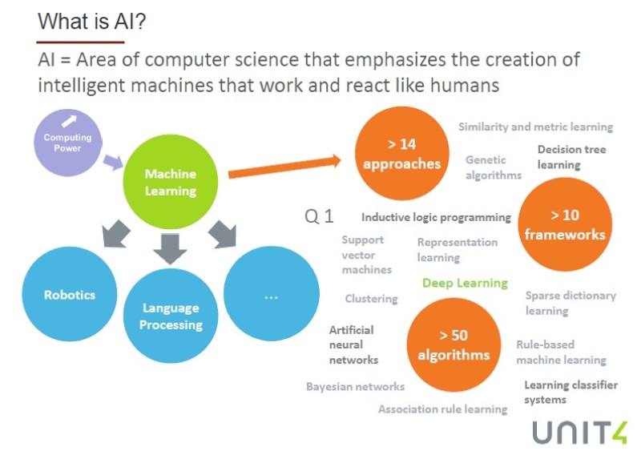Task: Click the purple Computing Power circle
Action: pyautogui.click(x=68, y=143)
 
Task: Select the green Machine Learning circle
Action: pyautogui.click(x=171, y=182)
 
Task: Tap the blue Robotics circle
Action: pyautogui.click(x=70, y=294)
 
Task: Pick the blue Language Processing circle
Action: pyautogui.click(x=171, y=316)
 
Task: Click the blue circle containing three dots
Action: pyautogui.click(x=272, y=293)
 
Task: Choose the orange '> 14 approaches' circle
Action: pyautogui.click(x=402, y=153)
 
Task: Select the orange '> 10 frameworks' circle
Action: pyautogui.click(x=565, y=224)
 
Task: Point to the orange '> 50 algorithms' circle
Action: pyautogui.click(x=454, y=344)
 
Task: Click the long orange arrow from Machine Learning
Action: pyautogui.click(x=284, y=167)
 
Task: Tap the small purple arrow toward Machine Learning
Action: pyautogui.click(x=113, y=162)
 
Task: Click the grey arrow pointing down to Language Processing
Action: pyautogui.click(x=170, y=248)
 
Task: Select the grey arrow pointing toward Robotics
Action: pyautogui.click(x=116, y=234)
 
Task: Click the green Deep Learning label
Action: pyautogui.click(x=465, y=283)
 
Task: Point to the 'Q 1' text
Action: pyautogui.click(x=319, y=215)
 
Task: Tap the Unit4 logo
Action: pyautogui.click(x=579, y=433)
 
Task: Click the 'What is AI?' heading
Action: pyautogui.click(x=91, y=22)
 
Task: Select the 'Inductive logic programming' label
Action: pyautogui.click(x=436, y=217)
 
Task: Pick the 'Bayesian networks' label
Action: pyautogui.click(x=355, y=387)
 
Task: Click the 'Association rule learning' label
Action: pyautogui.click(x=443, y=409)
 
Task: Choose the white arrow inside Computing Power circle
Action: pyautogui.click(x=69, y=121)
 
